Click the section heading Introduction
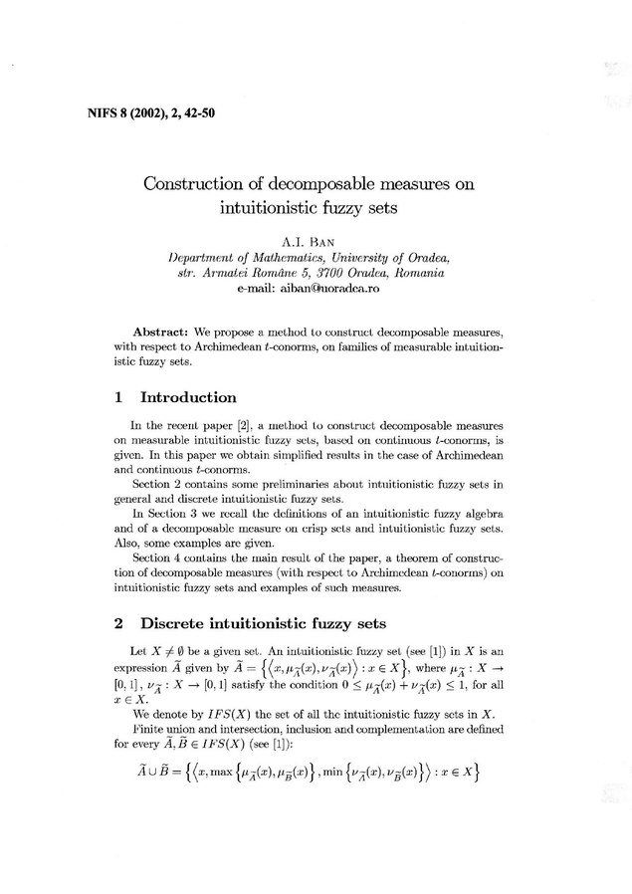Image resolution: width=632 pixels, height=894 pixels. click(x=189, y=397)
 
